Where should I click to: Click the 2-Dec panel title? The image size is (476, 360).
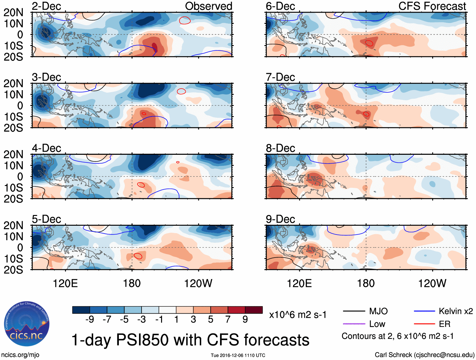pyautogui.click(x=46, y=6)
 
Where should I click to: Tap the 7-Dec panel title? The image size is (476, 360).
pyautogui.click(x=280, y=77)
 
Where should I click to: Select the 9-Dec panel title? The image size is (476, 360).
pyautogui.click(x=280, y=219)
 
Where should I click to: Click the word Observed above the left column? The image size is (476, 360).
pyautogui.click(x=208, y=6)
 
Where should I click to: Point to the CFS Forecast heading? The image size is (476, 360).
pyautogui.click(x=432, y=6)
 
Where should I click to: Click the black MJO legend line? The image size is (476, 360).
pyautogui.click(x=354, y=311)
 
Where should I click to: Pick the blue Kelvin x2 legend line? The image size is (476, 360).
pyautogui.click(x=424, y=311)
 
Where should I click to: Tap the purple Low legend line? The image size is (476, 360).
pyautogui.click(x=354, y=324)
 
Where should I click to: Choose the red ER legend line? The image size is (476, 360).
pyautogui.click(x=424, y=324)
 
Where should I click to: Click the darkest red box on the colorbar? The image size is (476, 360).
pyautogui.click(x=254, y=310)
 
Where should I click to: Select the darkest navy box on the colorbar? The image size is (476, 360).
pyautogui.click(x=81, y=310)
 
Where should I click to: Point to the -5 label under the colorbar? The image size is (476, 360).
pyautogui.click(x=124, y=320)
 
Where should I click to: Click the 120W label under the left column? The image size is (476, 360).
pyautogui.click(x=198, y=283)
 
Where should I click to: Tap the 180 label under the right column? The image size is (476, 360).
pyautogui.click(x=366, y=283)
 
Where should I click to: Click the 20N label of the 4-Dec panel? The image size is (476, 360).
pyautogui.click(x=13, y=154)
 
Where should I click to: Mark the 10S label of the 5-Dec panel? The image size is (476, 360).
pyautogui.click(x=13, y=258)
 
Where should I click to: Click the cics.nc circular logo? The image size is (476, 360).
pyautogui.click(x=27, y=324)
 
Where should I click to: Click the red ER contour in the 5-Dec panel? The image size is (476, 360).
pyautogui.click(x=138, y=256)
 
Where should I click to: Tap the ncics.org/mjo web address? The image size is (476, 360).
pyautogui.click(x=20, y=355)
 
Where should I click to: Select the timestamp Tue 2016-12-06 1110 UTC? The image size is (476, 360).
pyautogui.click(x=238, y=355)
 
